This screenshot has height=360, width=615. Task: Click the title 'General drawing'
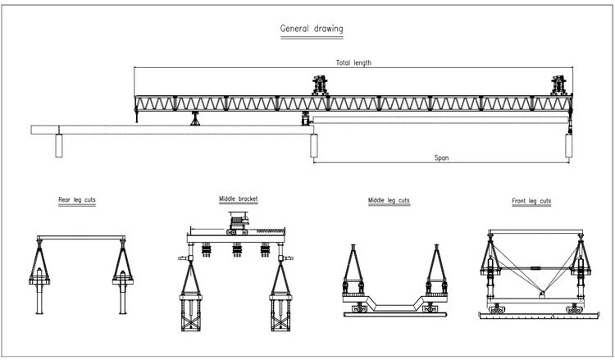coord(312,30)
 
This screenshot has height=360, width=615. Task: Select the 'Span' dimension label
coord(442,157)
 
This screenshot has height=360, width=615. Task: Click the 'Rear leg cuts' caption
coord(76,200)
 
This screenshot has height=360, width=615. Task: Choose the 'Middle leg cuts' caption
coord(389,200)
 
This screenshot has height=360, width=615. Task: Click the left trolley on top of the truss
coord(319,85)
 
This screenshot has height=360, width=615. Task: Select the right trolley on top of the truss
coord(560,85)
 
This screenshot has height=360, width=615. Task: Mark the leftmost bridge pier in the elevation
coord(58,145)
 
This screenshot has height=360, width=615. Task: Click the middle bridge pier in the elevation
coord(313,145)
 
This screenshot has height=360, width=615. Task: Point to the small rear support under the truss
coord(195,120)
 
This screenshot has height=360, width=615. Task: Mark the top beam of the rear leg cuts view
coord(81,239)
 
